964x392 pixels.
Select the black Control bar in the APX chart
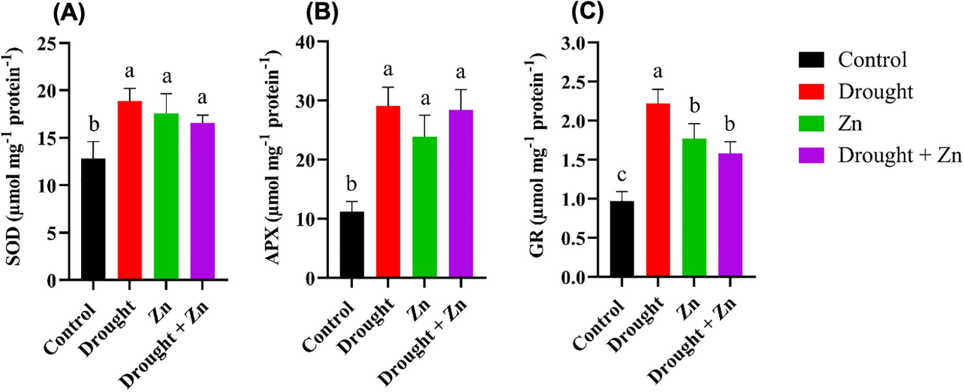point(351,244)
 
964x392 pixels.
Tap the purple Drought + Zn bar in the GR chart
point(730,214)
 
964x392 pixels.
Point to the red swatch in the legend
point(811,92)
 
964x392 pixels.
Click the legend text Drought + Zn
point(900,155)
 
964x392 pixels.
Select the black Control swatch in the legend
point(811,60)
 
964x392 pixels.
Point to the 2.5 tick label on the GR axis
point(574,82)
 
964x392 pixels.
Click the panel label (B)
point(322,13)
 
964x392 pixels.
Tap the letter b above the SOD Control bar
point(94,124)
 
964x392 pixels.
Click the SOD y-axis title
point(15,156)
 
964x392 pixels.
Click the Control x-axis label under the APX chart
point(329,327)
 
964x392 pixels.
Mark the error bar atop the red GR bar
point(658,96)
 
